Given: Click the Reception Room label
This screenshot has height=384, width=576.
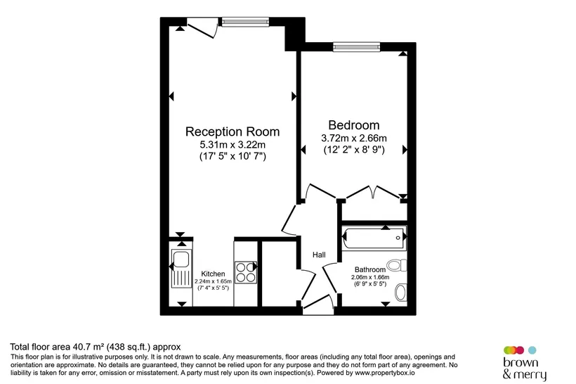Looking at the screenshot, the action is [x=233, y=132].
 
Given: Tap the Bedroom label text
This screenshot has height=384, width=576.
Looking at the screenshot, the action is [x=354, y=125].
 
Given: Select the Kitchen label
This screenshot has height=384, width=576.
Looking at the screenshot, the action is [x=213, y=274].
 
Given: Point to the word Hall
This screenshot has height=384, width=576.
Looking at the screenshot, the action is [x=319, y=255].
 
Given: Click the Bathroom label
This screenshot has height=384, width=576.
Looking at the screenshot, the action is [x=370, y=269].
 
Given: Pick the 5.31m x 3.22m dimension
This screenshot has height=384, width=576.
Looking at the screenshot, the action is [x=233, y=143].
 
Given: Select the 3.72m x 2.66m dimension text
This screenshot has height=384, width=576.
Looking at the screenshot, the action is [x=354, y=139].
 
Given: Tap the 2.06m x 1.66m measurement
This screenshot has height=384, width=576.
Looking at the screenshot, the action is [x=370, y=277].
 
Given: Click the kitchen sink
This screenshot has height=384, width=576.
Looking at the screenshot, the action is [x=181, y=269].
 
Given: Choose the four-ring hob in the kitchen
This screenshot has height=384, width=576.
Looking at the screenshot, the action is [x=246, y=272].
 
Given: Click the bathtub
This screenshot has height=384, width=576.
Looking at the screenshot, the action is [x=374, y=238].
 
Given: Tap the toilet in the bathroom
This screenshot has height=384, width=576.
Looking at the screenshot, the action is [x=398, y=265].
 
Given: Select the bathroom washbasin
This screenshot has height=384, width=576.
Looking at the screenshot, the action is [x=401, y=293].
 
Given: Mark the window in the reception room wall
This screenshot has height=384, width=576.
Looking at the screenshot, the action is [x=245, y=23].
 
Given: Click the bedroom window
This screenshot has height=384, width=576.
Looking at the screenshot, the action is [x=356, y=47].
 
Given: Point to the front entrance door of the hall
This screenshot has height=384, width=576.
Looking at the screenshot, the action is [x=318, y=305].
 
